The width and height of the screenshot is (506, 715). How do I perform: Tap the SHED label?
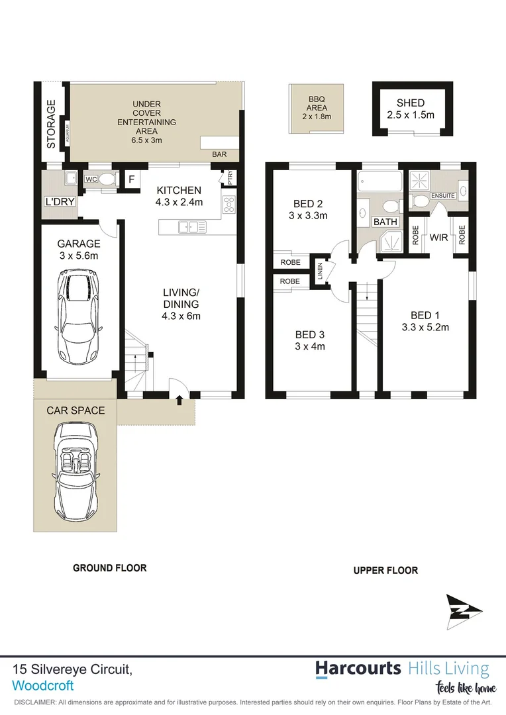pos(411,103)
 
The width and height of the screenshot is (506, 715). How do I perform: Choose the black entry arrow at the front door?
pos(179,399)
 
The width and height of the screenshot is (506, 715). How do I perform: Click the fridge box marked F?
pos(132,179)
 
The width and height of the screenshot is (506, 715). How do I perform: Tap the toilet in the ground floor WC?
pos(107,178)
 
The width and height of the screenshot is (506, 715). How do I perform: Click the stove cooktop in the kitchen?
pos(230,205)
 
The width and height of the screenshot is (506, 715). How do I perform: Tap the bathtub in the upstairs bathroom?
pos(379,180)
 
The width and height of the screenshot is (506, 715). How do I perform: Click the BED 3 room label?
pos(310,334)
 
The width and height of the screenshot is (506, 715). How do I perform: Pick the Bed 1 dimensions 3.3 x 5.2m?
pos(425,326)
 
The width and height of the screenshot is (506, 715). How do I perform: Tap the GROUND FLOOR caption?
pos(109,568)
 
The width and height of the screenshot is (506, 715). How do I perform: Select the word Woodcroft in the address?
pos(43,686)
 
